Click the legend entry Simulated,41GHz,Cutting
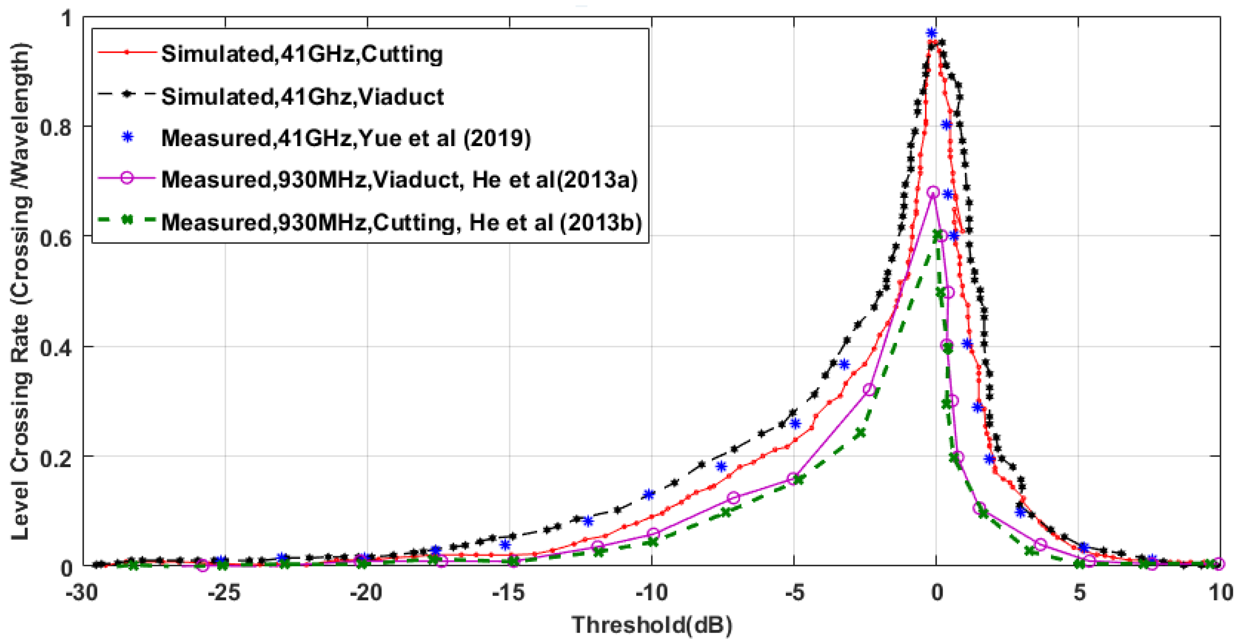coord(302,54)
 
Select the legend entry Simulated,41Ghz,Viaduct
coord(302,96)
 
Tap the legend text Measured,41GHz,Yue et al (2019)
coord(345,138)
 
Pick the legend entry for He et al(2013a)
coord(399,180)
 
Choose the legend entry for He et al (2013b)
coord(401,222)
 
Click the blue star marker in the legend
coord(127,138)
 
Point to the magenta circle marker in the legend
coord(127,178)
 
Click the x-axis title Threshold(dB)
coord(651,625)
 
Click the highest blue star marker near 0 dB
coord(932,33)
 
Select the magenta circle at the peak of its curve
coord(933,192)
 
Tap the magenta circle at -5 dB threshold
coord(793,478)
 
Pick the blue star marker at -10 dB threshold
coord(649,494)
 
